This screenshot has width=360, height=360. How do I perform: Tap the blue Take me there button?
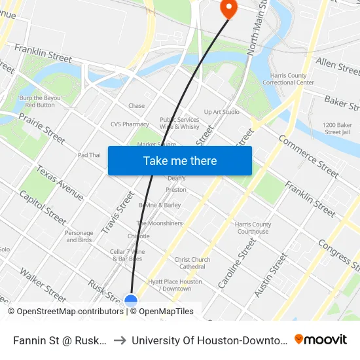pyautogui.click(x=179, y=161)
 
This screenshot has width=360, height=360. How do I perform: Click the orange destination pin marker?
pyautogui.click(x=228, y=9)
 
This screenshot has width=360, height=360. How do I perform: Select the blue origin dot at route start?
pyautogui.click(x=131, y=301)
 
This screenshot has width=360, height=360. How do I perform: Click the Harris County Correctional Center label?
pyautogui.click(x=288, y=79)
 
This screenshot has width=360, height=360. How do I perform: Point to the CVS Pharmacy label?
pyautogui.click(x=130, y=124)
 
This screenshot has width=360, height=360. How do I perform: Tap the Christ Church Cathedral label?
pyautogui.click(x=192, y=263)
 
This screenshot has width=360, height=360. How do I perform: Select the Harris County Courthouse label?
pyautogui.click(x=253, y=228)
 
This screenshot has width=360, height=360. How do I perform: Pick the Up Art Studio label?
pyautogui.click(x=222, y=112)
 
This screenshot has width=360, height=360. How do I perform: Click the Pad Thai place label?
pyautogui.click(x=89, y=155)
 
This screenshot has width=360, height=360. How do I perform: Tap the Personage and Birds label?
pyautogui.click(x=79, y=236)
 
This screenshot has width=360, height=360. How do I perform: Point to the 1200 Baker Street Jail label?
pyautogui.click(x=337, y=128)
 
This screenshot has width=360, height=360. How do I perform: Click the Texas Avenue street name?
pyautogui.click(x=60, y=183)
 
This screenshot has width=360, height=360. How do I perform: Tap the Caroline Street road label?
pyautogui.click(x=236, y=263)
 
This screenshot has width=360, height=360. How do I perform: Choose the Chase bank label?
pyautogui.click(x=136, y=106)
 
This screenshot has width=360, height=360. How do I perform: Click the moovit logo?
pyautogui.click(x=321, y=339)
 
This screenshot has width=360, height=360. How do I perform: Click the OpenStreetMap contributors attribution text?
pyautogui.click(x=66, y=312)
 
